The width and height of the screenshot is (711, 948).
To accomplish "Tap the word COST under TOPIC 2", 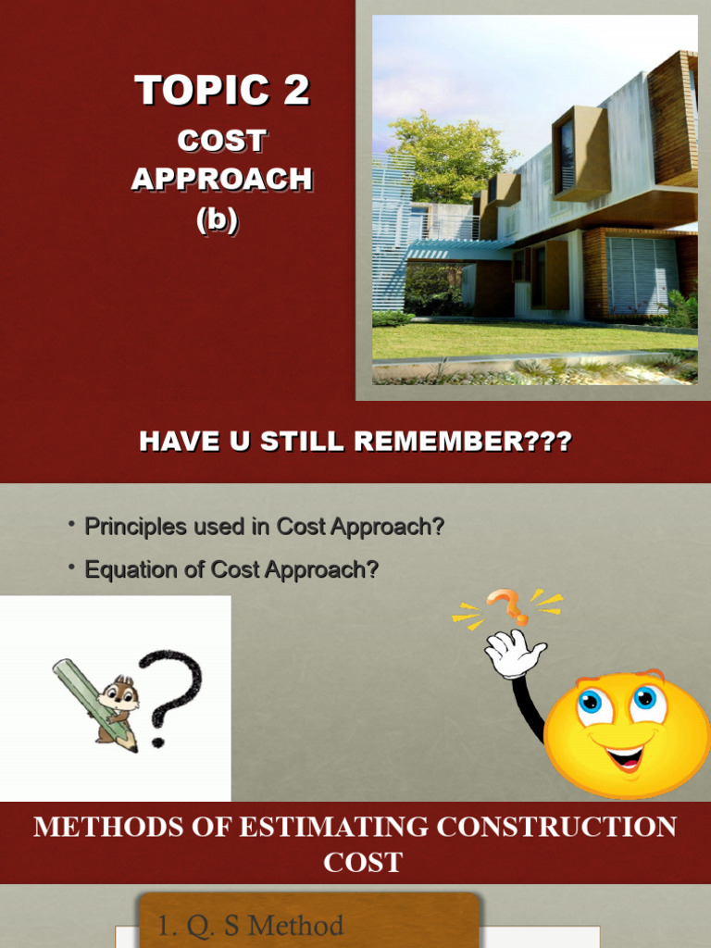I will [x=221, y=142].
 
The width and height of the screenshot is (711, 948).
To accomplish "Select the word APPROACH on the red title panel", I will [x=221, y=179].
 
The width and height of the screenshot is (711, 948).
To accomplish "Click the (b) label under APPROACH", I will [x=217, y=220].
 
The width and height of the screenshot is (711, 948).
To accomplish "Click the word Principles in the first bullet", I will [x=130, y=527].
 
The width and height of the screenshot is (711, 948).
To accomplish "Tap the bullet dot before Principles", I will [x=71, y=525].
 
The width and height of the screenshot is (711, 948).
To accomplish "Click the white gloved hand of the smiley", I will [x=514, y=654].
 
